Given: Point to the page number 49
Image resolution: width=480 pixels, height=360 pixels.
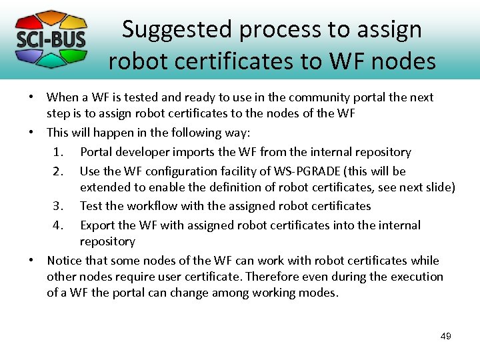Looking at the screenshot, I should coord(446,336).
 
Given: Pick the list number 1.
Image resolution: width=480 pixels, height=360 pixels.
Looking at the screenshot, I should coord(58,152).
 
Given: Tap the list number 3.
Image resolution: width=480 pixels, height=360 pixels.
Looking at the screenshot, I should coord(58,206).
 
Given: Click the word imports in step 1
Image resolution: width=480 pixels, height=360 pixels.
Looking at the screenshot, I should coord(200,152).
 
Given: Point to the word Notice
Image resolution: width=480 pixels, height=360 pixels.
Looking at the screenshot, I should coord(65,260).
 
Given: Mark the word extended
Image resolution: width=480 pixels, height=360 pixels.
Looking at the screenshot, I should coord(107,187).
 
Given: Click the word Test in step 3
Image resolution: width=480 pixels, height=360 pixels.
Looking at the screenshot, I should coord(91,206).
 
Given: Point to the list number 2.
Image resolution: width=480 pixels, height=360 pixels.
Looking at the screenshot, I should coord(58,171).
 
